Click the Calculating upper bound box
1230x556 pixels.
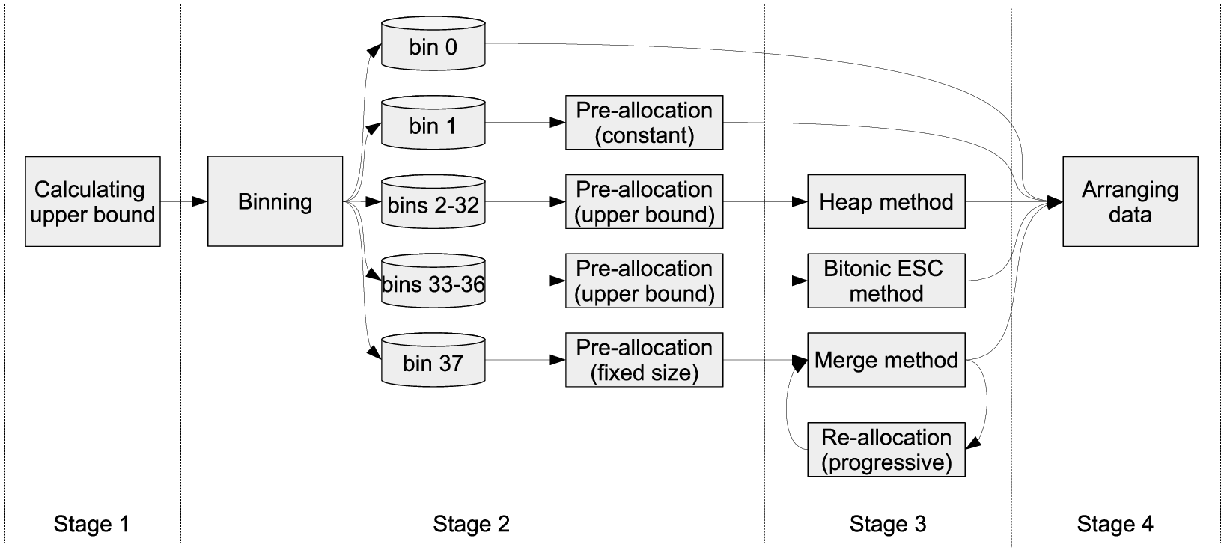tap(93, 201)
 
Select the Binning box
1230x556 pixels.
tap(275, 201)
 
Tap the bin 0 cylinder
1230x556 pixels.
tap(433, 43)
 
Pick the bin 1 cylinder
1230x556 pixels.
tap(433, 123)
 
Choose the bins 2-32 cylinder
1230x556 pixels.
tap(433, 201)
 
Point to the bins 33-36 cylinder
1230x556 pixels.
tap(433, 281)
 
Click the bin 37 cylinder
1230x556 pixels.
tap(433, 359)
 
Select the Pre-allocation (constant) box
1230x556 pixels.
tap(644, 123)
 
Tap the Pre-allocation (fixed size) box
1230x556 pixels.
tap(644, 359)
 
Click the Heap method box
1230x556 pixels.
tap(886, 201)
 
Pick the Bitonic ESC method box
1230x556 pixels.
tap(886, 281)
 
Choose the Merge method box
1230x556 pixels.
tap(886, 359)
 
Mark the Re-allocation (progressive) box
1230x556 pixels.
tap(886, 450)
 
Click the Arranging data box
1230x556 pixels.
tap(1130, 201)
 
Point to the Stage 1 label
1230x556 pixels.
tap(91, 524)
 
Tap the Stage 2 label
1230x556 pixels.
tap(471, 524)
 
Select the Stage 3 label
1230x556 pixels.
tap(888, 524)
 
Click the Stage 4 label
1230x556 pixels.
tap(1115, 524)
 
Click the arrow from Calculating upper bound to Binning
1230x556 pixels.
tap(184, 201)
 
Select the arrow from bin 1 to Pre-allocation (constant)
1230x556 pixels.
tap(526, 123)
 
